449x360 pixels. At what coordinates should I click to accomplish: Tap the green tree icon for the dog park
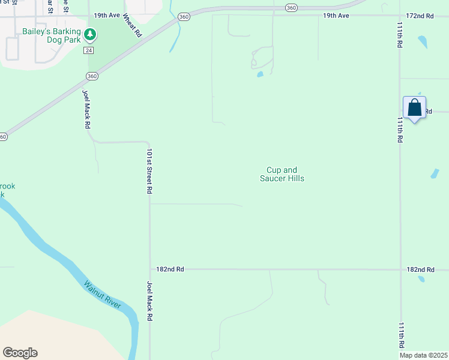[89, 35]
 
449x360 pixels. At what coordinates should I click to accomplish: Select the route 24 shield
[89, 50]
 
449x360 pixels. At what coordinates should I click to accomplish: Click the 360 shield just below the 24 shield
[91, 76]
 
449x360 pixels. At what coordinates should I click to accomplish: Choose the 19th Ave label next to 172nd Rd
[336, 15]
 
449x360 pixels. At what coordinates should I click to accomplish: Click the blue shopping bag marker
[414, 109]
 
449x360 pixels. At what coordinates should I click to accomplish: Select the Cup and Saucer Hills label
[282, 174]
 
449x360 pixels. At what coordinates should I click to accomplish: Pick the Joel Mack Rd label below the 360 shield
[86, 109]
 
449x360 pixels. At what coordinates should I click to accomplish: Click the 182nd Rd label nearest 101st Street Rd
[169, 269]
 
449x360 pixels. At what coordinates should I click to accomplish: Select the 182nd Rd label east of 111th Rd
[420, 270]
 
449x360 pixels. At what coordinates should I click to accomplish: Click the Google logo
[20, 353]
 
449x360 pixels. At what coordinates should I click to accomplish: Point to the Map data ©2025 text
[424, 355]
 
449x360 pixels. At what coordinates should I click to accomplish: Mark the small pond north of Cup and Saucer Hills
[260, 75]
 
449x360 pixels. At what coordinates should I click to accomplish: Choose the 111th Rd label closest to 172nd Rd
[400, 35]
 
